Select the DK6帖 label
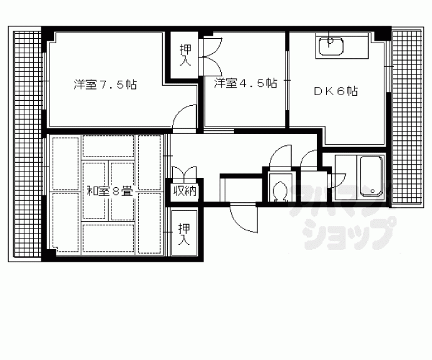[x=336, y=90]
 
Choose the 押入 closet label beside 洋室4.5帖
[x=185, y=55]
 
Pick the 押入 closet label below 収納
[x=185, y=234]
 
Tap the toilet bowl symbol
[x=280, y=188]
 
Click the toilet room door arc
[x=282, y=156]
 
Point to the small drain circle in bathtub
[x=374, y=192]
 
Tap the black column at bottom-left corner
[x=47, y=255]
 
